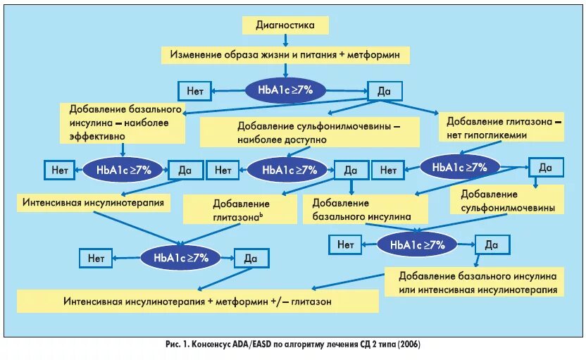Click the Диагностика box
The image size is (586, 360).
point(286,25)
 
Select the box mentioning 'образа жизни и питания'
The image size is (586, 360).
point(285,54)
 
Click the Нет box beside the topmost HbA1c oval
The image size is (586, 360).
point(195,90)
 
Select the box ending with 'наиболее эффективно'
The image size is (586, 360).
point(125,122)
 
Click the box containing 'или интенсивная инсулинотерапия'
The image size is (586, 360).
point(478,283)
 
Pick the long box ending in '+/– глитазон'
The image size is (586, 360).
point(198,300)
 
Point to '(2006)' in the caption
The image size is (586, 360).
point(410,344)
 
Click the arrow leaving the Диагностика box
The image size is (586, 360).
point(286,39)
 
